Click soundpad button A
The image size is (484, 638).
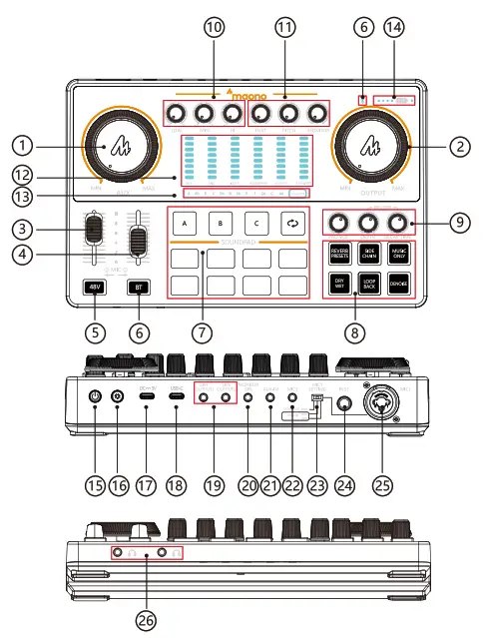click(x=187, y=221)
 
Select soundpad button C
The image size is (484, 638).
click(x=256, y=221)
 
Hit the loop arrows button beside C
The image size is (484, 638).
click(x=292, y=221)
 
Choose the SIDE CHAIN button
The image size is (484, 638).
click(x=369, y=254)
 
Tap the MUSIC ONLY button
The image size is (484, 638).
click(x=400, y=254)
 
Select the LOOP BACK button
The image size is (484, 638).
click(x=369, y=285)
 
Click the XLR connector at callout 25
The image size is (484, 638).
click(x=385, y=408)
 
